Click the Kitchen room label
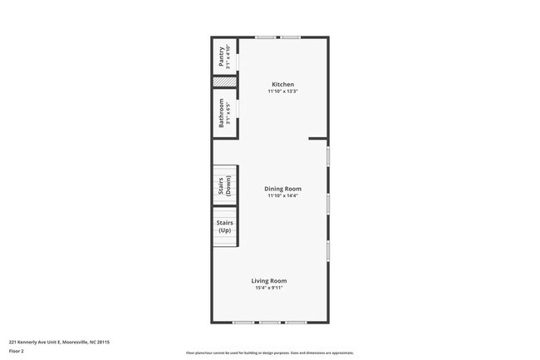tap(282, 85)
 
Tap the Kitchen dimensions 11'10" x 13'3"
tap(282, 92)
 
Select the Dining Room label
tap(282, 189)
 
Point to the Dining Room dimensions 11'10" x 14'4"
tap(282, 196)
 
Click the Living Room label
tap(269, 281)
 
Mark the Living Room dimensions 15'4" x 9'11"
tap(269, 288)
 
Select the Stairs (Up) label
tap(224, 227)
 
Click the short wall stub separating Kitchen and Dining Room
tap(317, 139)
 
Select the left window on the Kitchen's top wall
tap(266, 37)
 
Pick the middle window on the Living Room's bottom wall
tap(270, 323)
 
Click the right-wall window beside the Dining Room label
tap(328, 202)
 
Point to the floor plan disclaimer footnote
tap(269, 353)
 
